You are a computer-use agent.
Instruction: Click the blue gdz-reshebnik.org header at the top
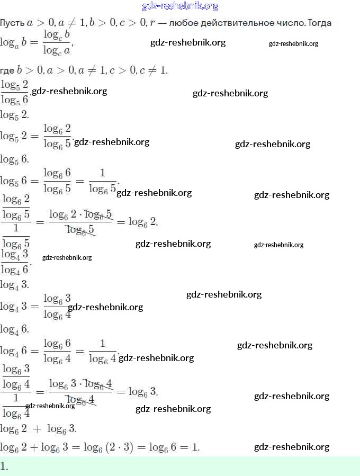[180, 6]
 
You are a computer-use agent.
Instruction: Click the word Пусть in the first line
[11, 23]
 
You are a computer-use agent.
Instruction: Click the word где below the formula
[7, 70]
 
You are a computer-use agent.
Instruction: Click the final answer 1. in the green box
[5, 466]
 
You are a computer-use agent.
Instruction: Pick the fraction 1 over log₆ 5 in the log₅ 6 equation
[103, 181]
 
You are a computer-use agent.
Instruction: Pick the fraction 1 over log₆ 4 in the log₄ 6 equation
[103, 351]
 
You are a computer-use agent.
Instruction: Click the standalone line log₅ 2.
[14, 114]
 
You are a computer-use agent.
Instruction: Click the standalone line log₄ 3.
[14, 284]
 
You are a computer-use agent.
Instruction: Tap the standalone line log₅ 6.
[14, 159]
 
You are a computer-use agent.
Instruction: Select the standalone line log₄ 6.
[14, 329]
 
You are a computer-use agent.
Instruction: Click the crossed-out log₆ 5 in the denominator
[80, 229]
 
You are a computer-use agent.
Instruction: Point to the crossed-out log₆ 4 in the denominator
[80, 399]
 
